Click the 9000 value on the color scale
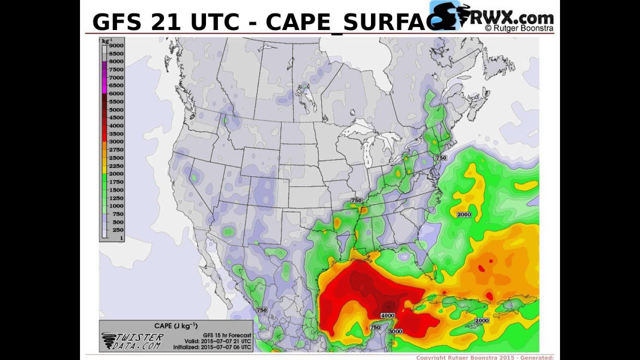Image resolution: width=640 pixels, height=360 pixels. point(116,45)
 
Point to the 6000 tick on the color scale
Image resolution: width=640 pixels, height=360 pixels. point(116,93)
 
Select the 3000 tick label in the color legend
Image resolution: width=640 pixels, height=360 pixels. point(116,141)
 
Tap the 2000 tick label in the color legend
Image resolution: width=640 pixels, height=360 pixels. point(116,173)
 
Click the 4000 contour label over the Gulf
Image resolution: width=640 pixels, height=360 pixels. point(387,315)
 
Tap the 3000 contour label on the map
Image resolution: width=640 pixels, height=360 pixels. point(395,331)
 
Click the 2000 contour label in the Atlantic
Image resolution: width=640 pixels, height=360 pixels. point(464,214)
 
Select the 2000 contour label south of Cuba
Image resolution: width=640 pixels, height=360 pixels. point(481,320)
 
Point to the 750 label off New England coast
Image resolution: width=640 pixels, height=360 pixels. point(441,158)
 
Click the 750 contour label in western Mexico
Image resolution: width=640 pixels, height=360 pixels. point(261,310)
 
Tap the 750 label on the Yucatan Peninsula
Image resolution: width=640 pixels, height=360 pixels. point(375,327)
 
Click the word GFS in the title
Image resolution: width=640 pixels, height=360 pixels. point(113,22)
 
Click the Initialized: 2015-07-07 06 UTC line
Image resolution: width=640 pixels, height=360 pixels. point(212,347)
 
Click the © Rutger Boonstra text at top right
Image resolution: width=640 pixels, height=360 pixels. point(518,29)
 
